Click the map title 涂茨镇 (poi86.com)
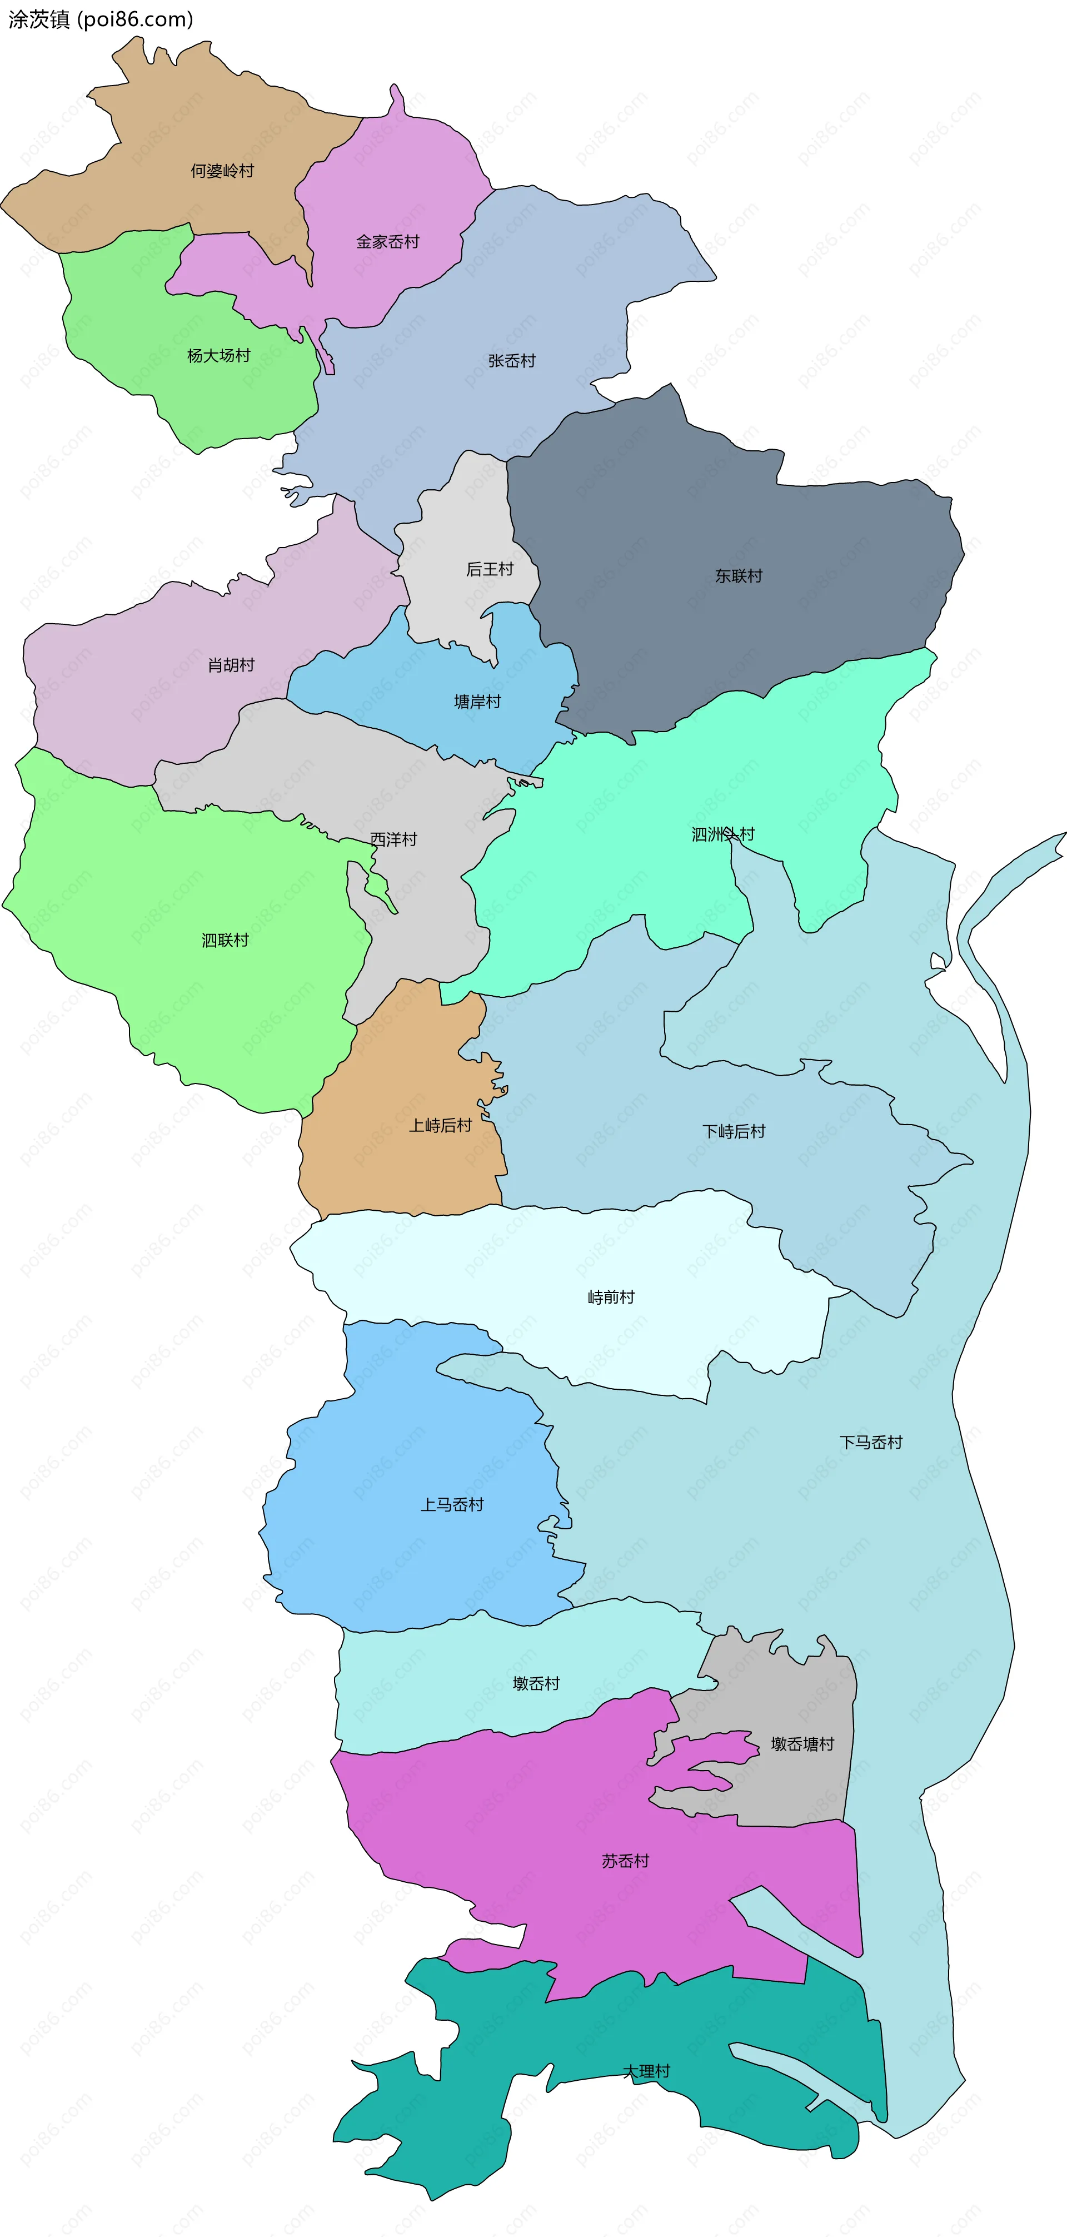point(101,19)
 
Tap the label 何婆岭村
point(222,171)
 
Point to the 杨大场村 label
point(219,356)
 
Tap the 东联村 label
point(738,576)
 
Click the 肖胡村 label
point(231,665)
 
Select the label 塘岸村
point(477,702)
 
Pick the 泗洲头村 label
point(722,834)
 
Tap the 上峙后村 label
point(440,1125)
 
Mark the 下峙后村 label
point(734,1131)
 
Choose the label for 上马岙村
point(451,1505)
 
